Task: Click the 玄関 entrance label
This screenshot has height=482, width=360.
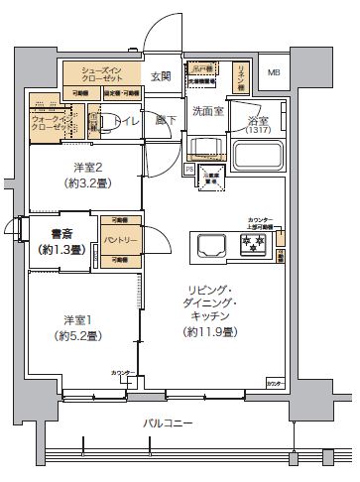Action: (161, 75)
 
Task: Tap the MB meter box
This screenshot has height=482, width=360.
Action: (275, 71)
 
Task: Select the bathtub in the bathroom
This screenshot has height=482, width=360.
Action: (259, 155)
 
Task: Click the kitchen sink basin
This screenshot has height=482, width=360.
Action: (210, 244)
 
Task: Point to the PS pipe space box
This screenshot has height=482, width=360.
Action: (189, 170)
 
